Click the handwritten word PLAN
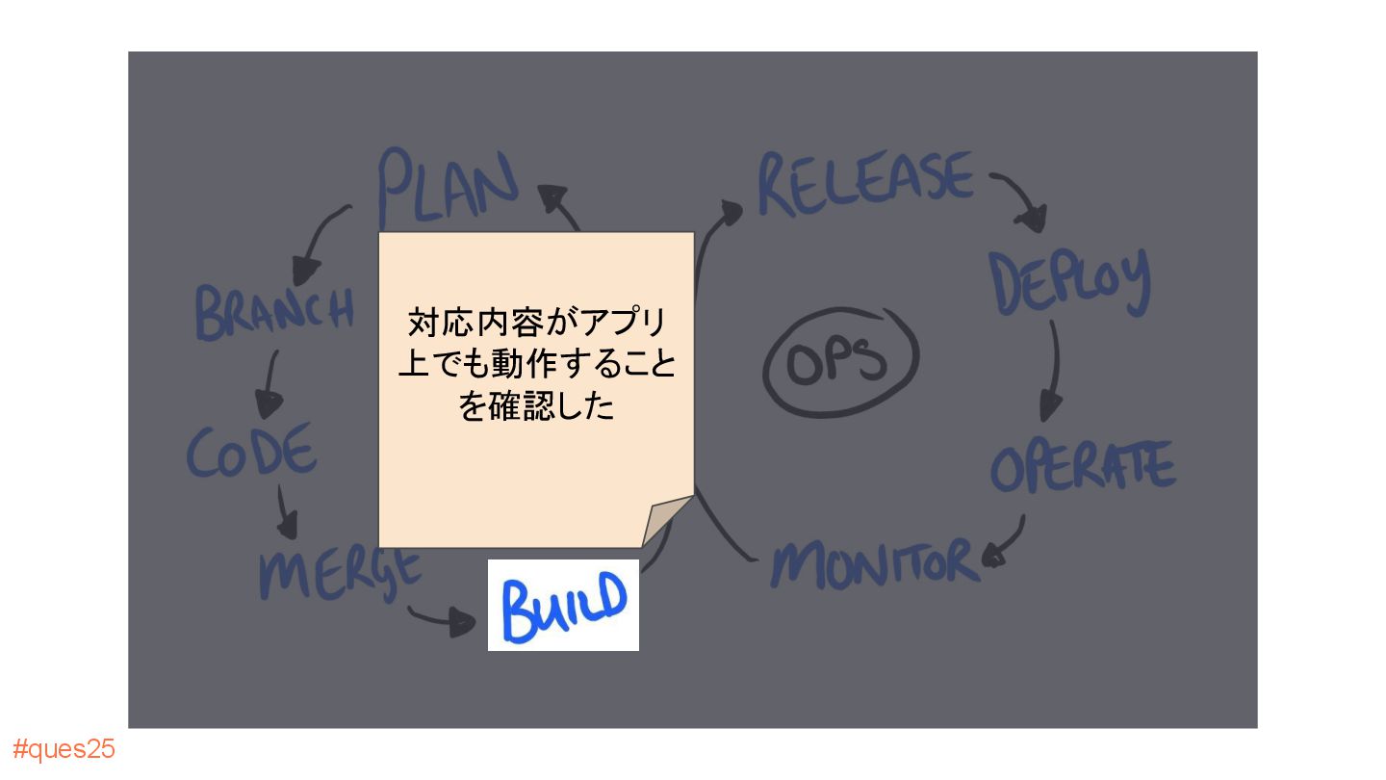coord(448,185)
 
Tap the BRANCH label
coord(274,310)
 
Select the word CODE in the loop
coord(251,451)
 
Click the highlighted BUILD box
coord(563,605)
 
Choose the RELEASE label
coord(864,183)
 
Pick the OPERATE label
coord(1083,466)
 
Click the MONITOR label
coord(874,563)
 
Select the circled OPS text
coord(840,360)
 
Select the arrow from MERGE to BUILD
coord(443,619)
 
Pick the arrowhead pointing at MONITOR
coord(993,555)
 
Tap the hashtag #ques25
coord(64,749)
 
